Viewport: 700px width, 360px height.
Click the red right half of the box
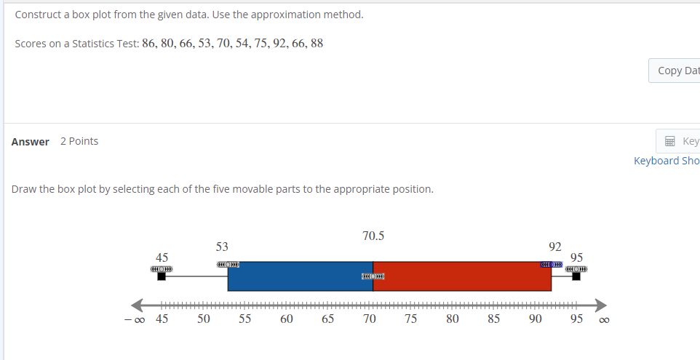[x=461, y=276]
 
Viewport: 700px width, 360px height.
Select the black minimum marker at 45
[x=162, y=276]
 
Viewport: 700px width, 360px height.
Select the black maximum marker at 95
[x=576, y=276]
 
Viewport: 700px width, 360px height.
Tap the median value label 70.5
[x=373, y=236]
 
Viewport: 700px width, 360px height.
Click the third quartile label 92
[x=555, y=247]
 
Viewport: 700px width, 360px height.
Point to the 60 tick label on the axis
[x=287, y=319]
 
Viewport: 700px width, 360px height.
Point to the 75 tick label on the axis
[x=411, y=319]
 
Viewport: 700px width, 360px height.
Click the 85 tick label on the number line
[x=494, y=319]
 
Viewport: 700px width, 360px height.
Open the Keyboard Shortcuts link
[x=667, y=161]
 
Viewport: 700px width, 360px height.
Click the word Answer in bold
[x=31, y=142]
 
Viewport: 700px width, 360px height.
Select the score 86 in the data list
[x=149, y=43]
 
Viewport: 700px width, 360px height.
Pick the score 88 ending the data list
[x=317, y=43]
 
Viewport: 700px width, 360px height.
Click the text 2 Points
[x=79, y=141]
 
